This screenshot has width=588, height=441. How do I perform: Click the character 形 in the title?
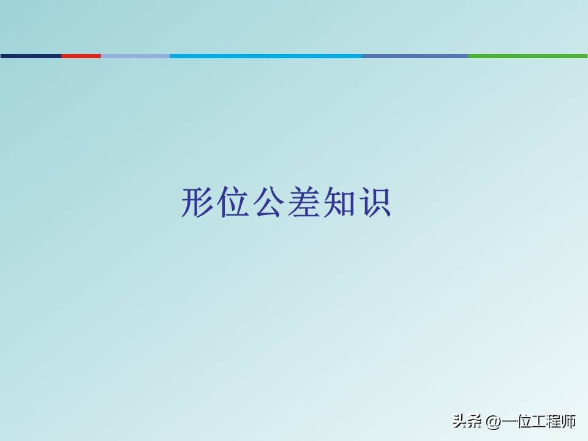(198, 203)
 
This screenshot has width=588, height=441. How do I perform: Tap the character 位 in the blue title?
(233, 203)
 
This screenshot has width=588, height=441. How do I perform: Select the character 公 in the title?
(268, 203)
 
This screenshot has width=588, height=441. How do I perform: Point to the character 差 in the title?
(303, 203)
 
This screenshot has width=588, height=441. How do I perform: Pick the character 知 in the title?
(339, 203)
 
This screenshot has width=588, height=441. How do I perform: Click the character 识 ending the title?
(374, 203)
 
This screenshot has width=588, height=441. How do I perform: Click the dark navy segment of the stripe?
(31, 56)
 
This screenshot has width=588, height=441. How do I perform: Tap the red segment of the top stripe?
(81, 56)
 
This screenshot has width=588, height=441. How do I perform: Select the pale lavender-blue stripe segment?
(135, 56)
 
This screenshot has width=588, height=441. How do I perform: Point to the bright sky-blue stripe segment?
(265, 56)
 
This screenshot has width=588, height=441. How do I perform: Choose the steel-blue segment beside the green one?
(415, 56)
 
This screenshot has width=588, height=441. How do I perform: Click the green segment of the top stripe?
(527, 56)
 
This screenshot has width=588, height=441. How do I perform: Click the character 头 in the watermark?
(460, 421)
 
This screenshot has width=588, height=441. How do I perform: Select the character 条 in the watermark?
(475, 421)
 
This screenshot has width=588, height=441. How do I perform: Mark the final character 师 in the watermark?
(569, 421)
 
